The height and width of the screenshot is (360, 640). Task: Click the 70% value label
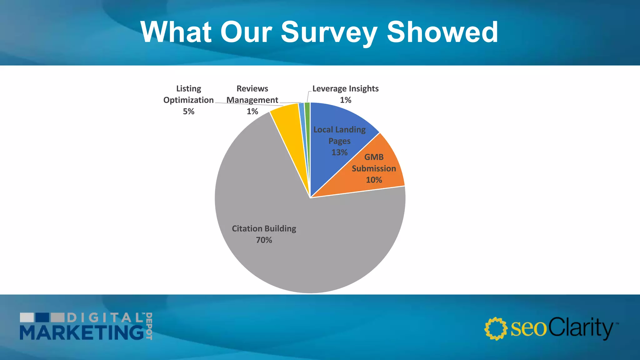[264, 240]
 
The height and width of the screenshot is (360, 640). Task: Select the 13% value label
[339, 152]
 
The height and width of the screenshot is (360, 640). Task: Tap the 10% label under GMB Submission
[374, 180]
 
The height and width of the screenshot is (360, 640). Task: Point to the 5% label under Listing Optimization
[188, 112]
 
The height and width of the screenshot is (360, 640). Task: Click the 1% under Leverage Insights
[345, 100]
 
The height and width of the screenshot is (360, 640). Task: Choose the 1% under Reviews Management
[252, 112]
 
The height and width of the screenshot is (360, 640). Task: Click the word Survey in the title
[329, 32]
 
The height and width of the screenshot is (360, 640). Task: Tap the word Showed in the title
[442, 32]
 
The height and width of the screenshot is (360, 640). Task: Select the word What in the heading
[176, 32]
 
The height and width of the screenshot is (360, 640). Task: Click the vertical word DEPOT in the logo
[149, 326]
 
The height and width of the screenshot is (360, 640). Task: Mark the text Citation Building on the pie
[264, 228]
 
